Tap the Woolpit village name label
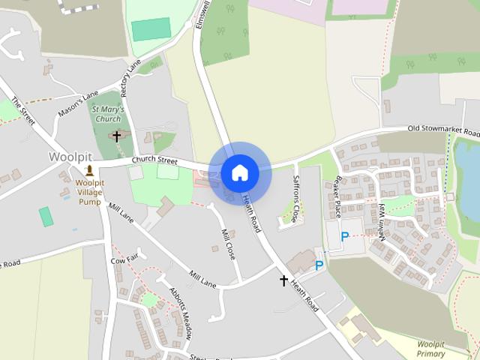(x=70, y=157)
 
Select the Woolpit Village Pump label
(x=89, y=192)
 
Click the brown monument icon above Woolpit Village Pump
(x=90, y=171)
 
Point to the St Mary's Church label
(x=106, y=114)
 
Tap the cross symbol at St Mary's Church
(x=116, y=136)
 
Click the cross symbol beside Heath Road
(x=283, y=280)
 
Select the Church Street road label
(x=154, y=160)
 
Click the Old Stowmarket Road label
(x=442, y=130)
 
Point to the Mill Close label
(x=227, y=244)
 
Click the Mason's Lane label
(x=77, y=104)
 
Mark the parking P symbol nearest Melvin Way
(x=345, y=236)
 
